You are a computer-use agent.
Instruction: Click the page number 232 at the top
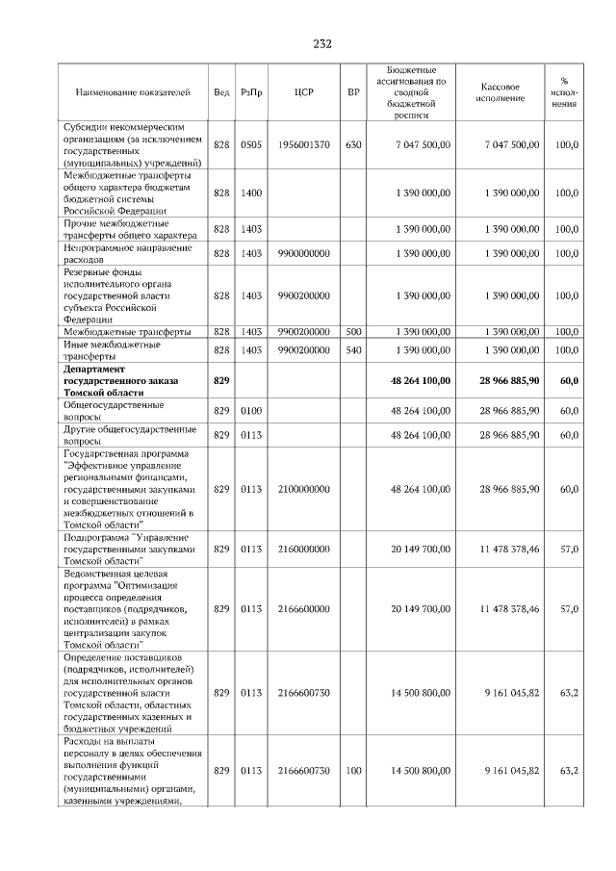[x=322, y=43]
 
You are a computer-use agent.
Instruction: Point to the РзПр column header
[x=251, y=92]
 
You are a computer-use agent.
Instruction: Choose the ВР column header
[x=353, y=92]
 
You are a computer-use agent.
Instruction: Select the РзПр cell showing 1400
[x=251, y=193]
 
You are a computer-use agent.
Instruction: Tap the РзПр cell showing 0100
[x=251, y=411]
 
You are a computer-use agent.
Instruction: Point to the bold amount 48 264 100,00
[x=421, y=381]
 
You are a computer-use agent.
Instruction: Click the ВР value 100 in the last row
[x=353, y=770]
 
